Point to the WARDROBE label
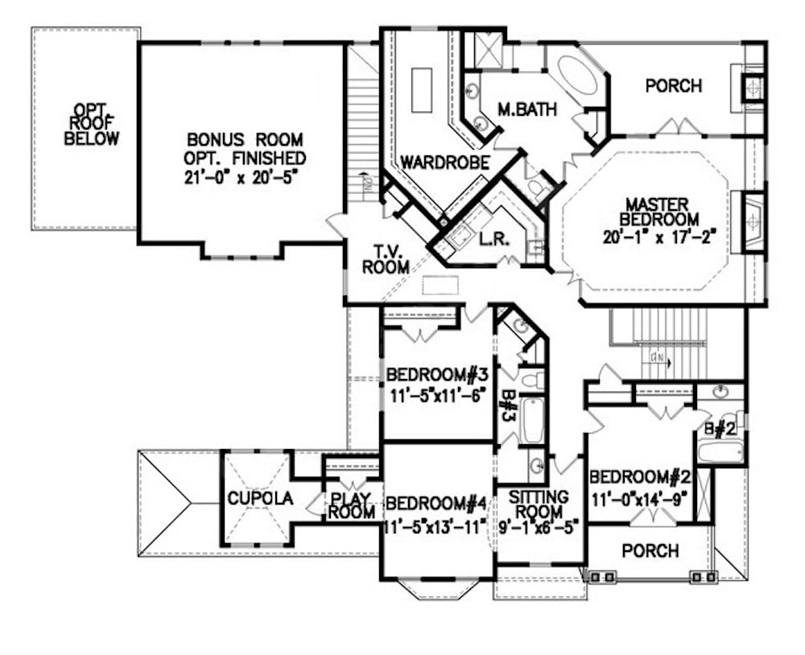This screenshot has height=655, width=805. (445, 163)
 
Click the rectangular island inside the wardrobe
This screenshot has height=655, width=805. (421, 90)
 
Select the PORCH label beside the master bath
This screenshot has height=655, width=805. (674, 85)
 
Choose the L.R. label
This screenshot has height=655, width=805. (491, 240)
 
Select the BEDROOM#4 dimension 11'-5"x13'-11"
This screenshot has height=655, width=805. (436, 526)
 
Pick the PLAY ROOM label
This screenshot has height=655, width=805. (352, 504)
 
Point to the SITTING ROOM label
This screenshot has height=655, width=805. (539, 504)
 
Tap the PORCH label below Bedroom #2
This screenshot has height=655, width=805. (650, 551)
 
